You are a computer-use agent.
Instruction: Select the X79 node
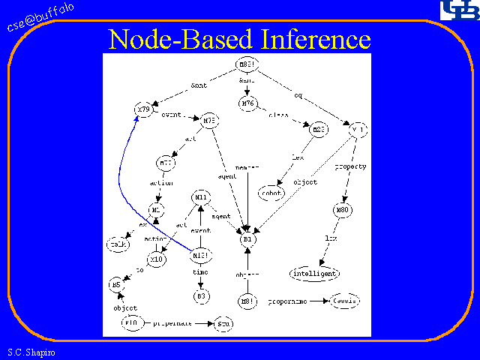point(143,110)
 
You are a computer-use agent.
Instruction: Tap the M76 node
point(248,103)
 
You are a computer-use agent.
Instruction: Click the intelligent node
point(314,273)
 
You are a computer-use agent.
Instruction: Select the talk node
point(117,245)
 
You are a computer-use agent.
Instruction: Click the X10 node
point(156,259)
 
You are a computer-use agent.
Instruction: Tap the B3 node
point(200,295)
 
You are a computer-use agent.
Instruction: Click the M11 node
point(200,197)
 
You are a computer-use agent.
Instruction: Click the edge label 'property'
point(350,166)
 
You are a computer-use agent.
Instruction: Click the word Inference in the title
point(316,38)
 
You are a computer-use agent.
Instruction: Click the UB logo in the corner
point(457,10)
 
